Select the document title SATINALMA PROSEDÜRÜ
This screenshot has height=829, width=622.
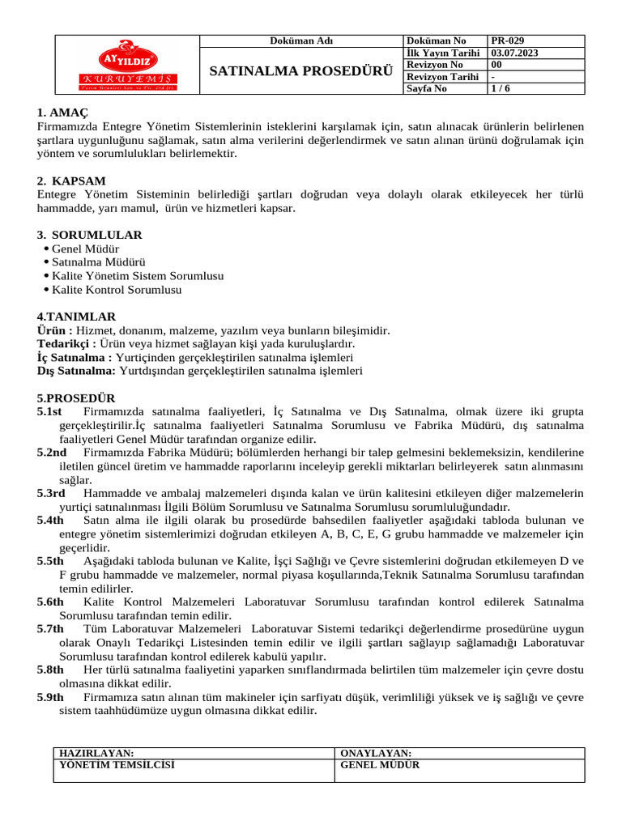coord(300,70)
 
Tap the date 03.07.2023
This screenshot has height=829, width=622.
coord(516,53)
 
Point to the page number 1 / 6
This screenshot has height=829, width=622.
coord(501,89)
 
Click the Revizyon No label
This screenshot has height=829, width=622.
coord(435,65)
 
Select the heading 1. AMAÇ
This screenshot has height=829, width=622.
coord(62,113)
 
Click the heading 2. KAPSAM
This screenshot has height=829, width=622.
coord(71,181)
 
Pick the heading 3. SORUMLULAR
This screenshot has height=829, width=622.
coord(89,235)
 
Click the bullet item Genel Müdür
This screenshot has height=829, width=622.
coord(85,249)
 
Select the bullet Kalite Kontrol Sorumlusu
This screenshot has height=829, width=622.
coord(117,289)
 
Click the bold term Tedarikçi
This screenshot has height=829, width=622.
coord(66,344)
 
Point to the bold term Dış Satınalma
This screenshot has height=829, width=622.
coord(76,371)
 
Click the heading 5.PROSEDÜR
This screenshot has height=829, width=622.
coord(76,398)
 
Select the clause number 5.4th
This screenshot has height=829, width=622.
coord(50,521)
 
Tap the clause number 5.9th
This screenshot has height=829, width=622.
coord(50,697)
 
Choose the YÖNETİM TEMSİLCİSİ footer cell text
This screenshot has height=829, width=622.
coord(117,764)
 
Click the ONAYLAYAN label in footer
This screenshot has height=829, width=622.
coord(376,753)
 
